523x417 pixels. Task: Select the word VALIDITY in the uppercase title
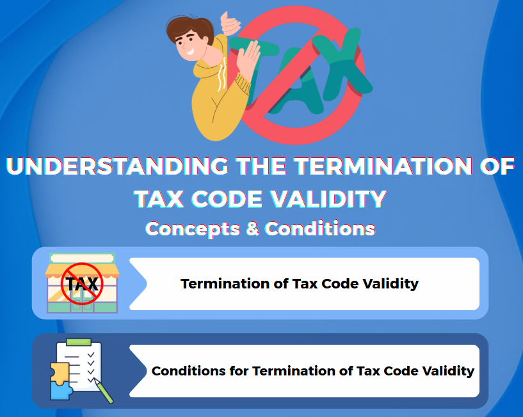coord(328,199)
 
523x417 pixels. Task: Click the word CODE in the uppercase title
coord(227,199)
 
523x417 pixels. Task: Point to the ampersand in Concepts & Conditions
coord(252,229)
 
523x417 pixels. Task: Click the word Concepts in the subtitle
coord(193,229)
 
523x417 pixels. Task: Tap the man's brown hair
coord(189,28)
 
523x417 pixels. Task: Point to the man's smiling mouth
coord(189,52)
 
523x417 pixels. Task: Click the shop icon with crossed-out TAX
coord(82,283)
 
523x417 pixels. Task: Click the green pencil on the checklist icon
coord(104,391)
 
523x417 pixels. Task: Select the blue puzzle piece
coord(61,391)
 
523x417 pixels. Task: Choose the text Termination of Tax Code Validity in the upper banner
coord(300,284)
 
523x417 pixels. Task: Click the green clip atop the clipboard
coord(79,342)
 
